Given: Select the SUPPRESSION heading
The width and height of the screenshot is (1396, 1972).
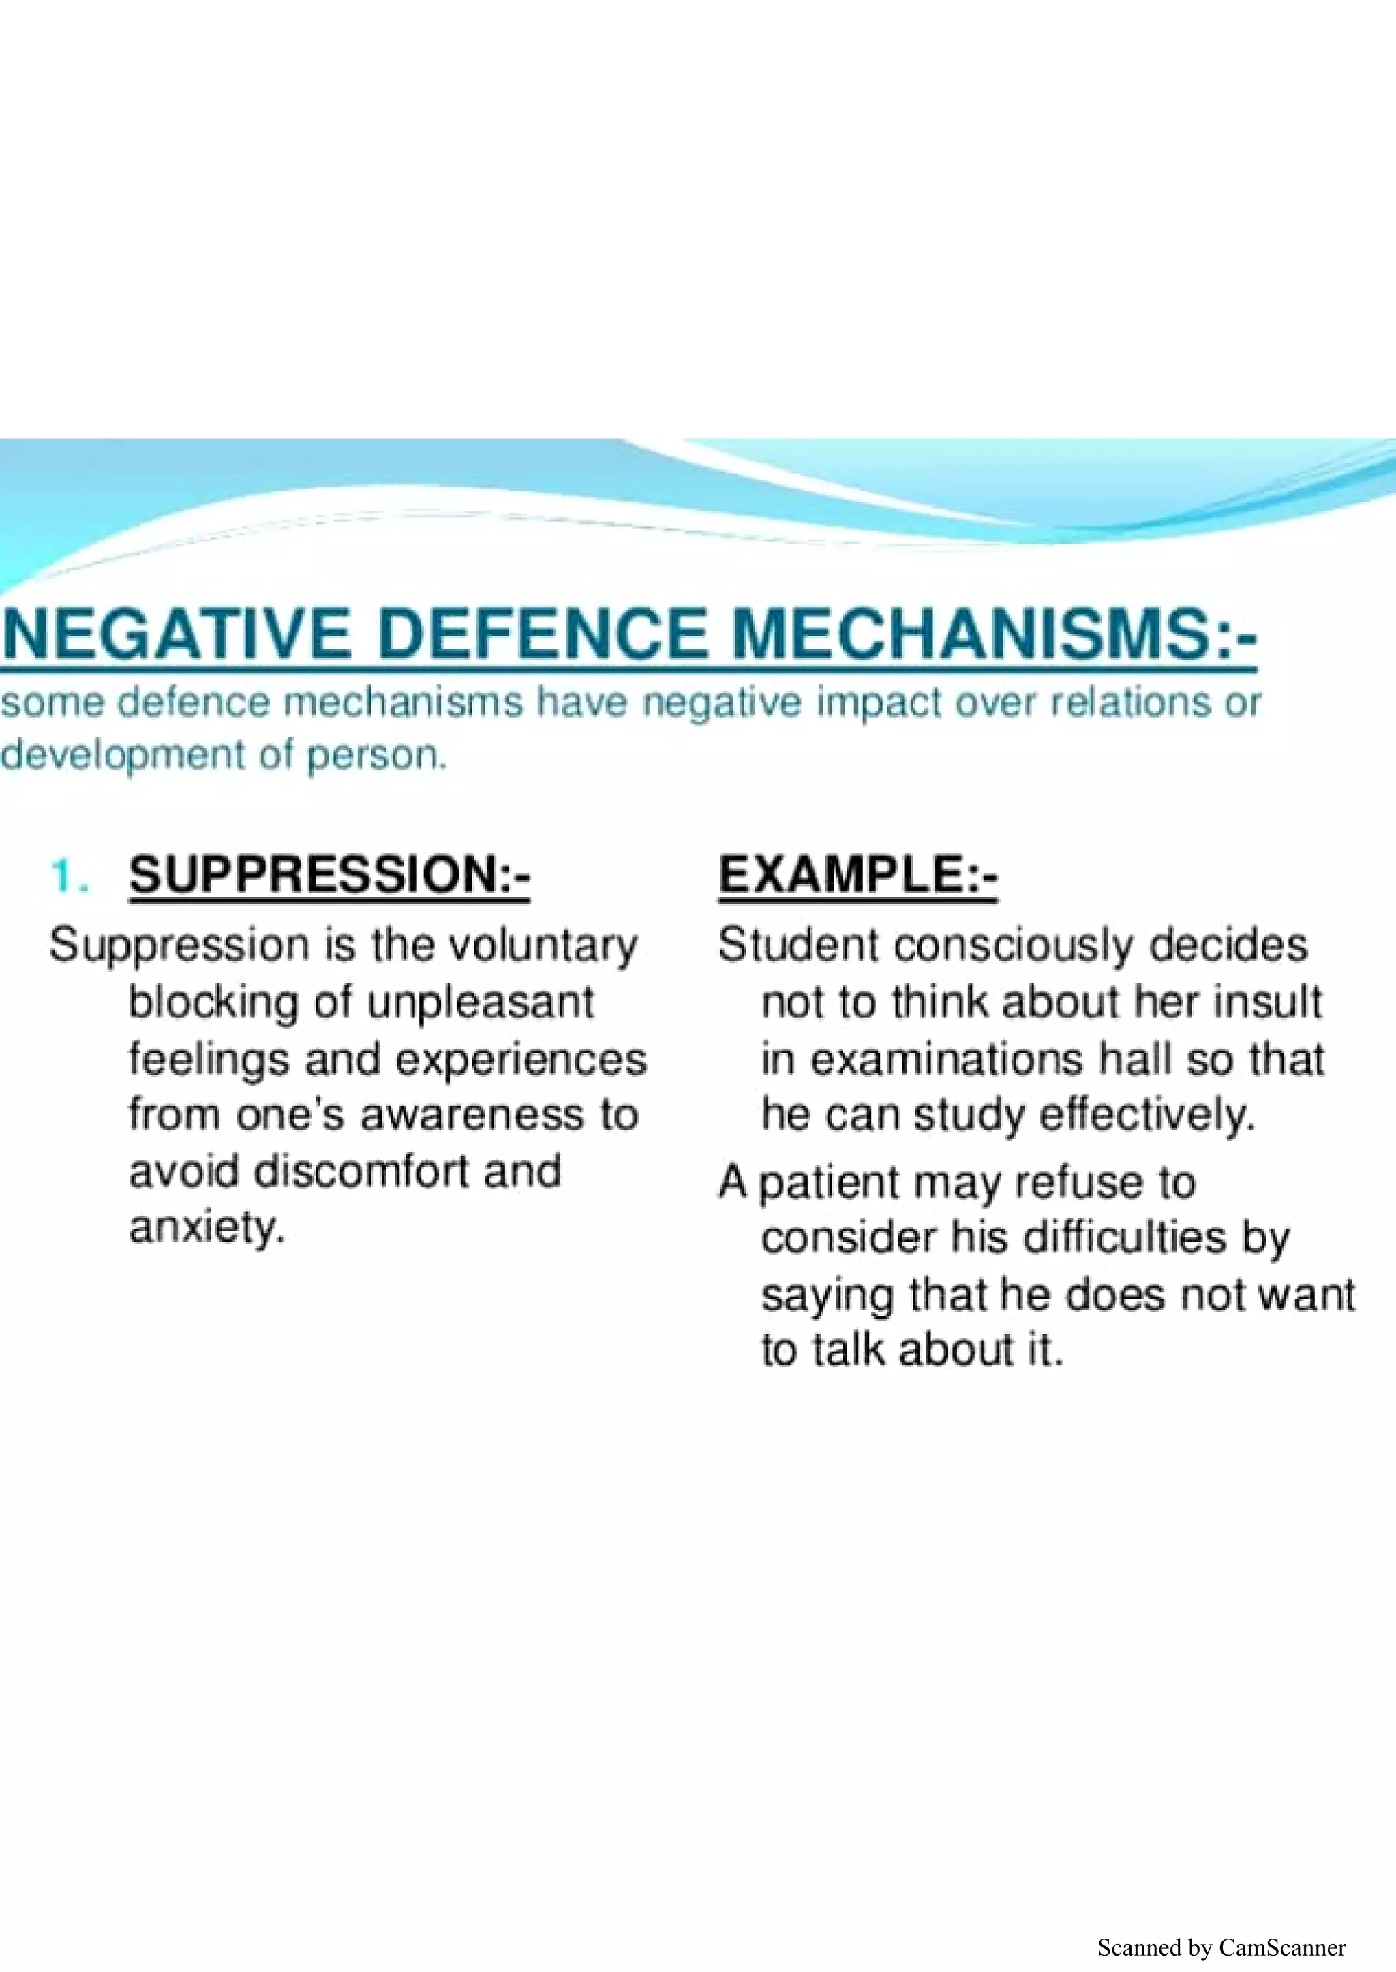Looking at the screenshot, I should (329, 876).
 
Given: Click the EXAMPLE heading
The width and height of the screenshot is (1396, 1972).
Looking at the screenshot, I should (857, 876).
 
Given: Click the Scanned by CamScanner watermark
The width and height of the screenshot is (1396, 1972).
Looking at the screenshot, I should (1221, 1947).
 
